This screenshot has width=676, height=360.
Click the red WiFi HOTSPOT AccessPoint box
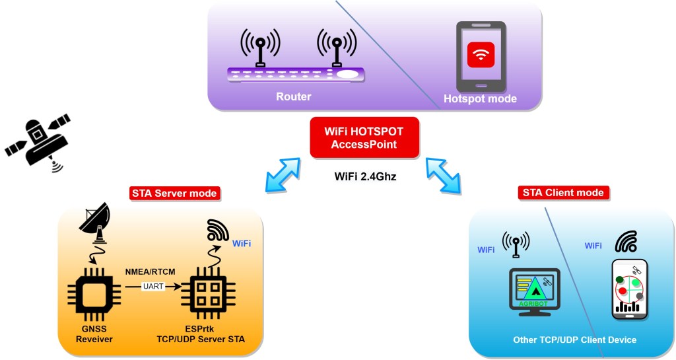coord(364,138)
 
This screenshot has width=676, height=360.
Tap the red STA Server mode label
coord(174,194)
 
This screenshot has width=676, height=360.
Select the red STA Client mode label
coord(563,193)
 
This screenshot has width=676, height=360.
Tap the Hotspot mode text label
coord(480,99)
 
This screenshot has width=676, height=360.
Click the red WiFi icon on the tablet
coord(481,54)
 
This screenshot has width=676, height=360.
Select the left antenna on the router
coord(260,48)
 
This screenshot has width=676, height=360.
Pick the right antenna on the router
coord(337,48)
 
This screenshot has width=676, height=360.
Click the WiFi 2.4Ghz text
coord(364,176)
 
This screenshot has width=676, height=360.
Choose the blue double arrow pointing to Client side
coord(446,173)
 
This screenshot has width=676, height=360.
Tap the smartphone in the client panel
coord(629,289)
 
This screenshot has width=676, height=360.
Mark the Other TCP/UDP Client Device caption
coord(574,340)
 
